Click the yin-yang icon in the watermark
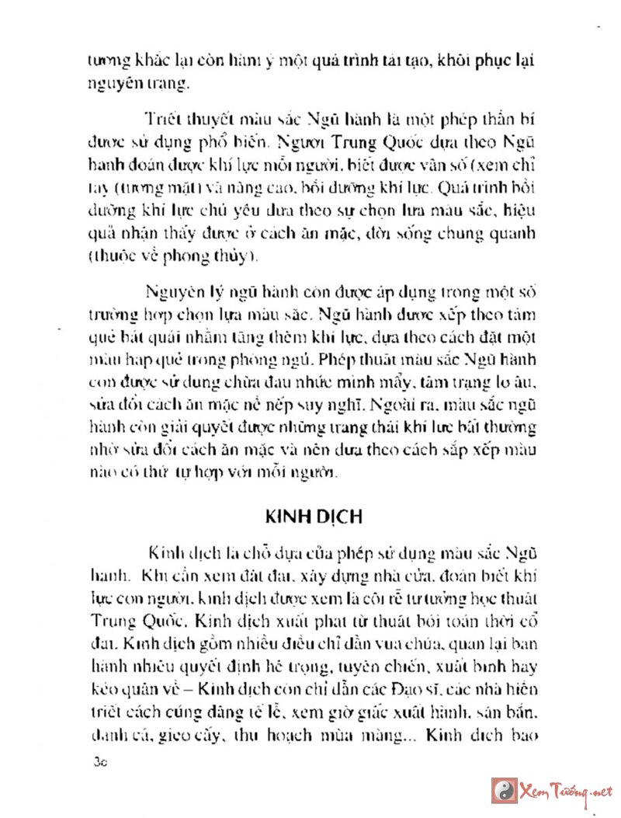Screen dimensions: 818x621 (505, 790)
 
